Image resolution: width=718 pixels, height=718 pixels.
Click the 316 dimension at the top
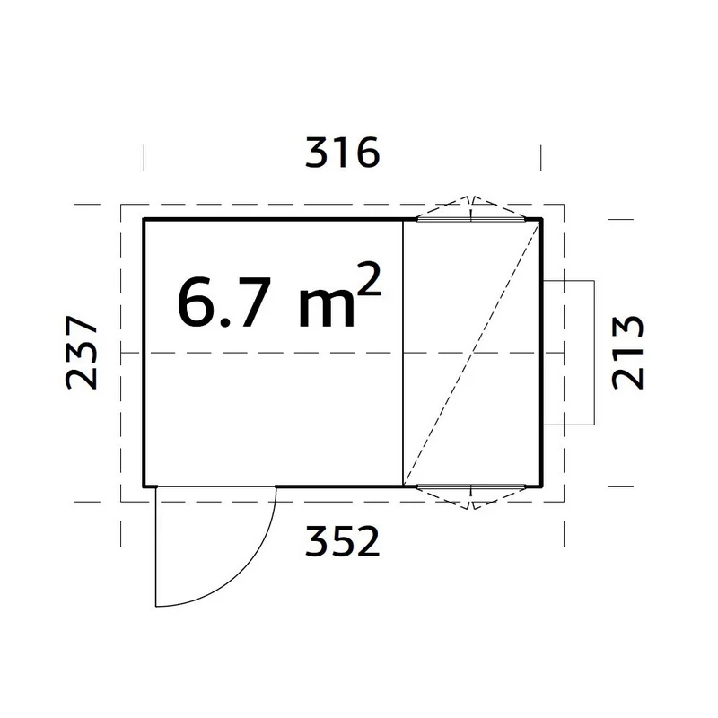tap(343, 153)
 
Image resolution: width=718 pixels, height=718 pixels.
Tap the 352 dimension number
tap(343, 541)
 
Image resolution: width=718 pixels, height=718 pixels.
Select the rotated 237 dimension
tap(82, 352)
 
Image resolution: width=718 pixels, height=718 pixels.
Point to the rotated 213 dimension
tap(627, 352)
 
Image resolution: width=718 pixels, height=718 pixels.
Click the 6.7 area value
tap(221, 302)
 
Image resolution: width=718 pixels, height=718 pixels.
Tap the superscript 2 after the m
tap(369, 279)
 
